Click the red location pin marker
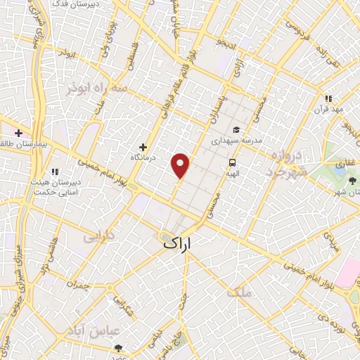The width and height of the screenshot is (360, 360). [x=181, y=165]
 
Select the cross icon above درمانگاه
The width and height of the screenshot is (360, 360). [x=143, y=147]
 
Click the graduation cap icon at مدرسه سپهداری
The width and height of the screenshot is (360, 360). [x=236, y=129]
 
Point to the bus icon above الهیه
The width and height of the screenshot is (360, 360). [x=231, y=163]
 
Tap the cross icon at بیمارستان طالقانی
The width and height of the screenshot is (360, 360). [x=18, y=132]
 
